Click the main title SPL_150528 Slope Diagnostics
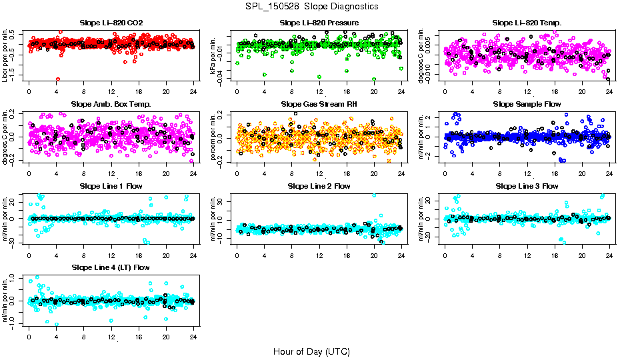[x=311, y=6]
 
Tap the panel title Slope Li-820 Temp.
[x=527, y=23]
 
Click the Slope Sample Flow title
[x=527, y=104]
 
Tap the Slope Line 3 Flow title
[x=527, y=185]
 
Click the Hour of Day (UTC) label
[x=311, y=351]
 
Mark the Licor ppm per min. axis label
[x=5, y=55]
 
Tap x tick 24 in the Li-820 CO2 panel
[x=193, y=91]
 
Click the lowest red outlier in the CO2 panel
[x=59, y=79]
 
